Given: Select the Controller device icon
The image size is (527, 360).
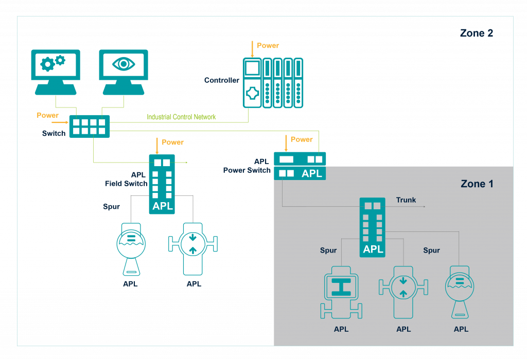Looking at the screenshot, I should pos(272,83).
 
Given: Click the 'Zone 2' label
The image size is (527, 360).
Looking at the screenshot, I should pos(477,33).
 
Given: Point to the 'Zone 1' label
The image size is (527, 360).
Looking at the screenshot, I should pos(477,184).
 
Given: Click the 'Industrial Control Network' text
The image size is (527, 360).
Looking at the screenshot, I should pos(181,117).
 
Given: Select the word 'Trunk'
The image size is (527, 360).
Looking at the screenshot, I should pos(406,200).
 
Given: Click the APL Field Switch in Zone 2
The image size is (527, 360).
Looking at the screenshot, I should pos(162,184).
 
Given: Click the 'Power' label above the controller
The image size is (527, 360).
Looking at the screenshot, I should pos(268,46).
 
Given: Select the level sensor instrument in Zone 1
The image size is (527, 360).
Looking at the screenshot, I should pos(460,291).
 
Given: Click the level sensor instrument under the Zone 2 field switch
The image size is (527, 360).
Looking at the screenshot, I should pos(131,249).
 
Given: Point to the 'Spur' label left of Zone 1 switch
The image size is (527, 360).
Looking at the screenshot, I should pos(328,250).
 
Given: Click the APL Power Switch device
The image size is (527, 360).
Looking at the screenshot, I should pos(300,166).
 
